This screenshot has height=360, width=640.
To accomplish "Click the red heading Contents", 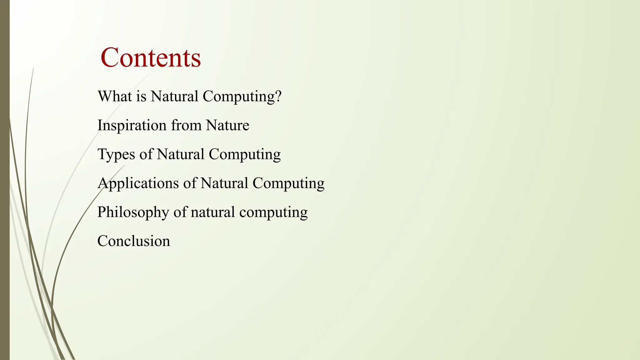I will [150, 57].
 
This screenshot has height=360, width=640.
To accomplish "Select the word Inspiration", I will [132, 126].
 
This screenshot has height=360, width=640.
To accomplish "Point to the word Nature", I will [227, 125].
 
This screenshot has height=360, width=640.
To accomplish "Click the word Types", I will [116, 155].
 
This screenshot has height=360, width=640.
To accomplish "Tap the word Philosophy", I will [133, 212].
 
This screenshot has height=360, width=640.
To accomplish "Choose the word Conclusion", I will [134, 241].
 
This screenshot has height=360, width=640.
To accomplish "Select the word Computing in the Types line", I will [245, 155].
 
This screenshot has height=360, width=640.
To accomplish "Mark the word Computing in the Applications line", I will [288, 183].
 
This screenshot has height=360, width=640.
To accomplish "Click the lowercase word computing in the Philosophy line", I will [273, 212].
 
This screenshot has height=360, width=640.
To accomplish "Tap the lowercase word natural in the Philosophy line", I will [213, 212].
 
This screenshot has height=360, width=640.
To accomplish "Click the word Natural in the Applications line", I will [224, 183].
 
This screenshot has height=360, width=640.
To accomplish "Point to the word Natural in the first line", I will [174, 96].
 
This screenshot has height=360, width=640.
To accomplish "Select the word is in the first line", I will [141, 96].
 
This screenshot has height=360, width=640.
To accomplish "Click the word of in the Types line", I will [146, 154].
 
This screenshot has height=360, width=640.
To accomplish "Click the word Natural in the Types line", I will [181, 154].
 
